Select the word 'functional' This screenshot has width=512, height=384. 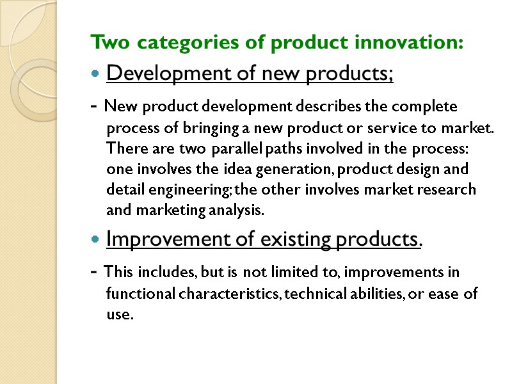[136, 294]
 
